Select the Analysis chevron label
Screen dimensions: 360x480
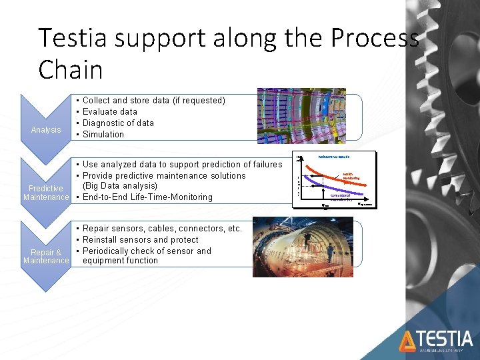tap(45, 129)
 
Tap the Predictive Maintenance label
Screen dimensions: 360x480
tap(45, 193)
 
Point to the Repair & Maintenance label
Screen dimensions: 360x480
tap(45, 256)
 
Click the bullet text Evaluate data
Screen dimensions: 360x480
tap(109, 112)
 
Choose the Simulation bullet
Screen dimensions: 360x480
tap(103, 135)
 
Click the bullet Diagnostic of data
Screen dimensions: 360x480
tap(117, 123)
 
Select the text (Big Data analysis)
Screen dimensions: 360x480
tap(120, 186)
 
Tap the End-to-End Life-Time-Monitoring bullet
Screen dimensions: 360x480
tap(147, 197)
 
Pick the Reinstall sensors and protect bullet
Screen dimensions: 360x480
tap(140, 240)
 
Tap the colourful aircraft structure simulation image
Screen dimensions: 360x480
tap(304, 117)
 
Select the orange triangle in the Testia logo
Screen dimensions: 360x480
tap(407, 341)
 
